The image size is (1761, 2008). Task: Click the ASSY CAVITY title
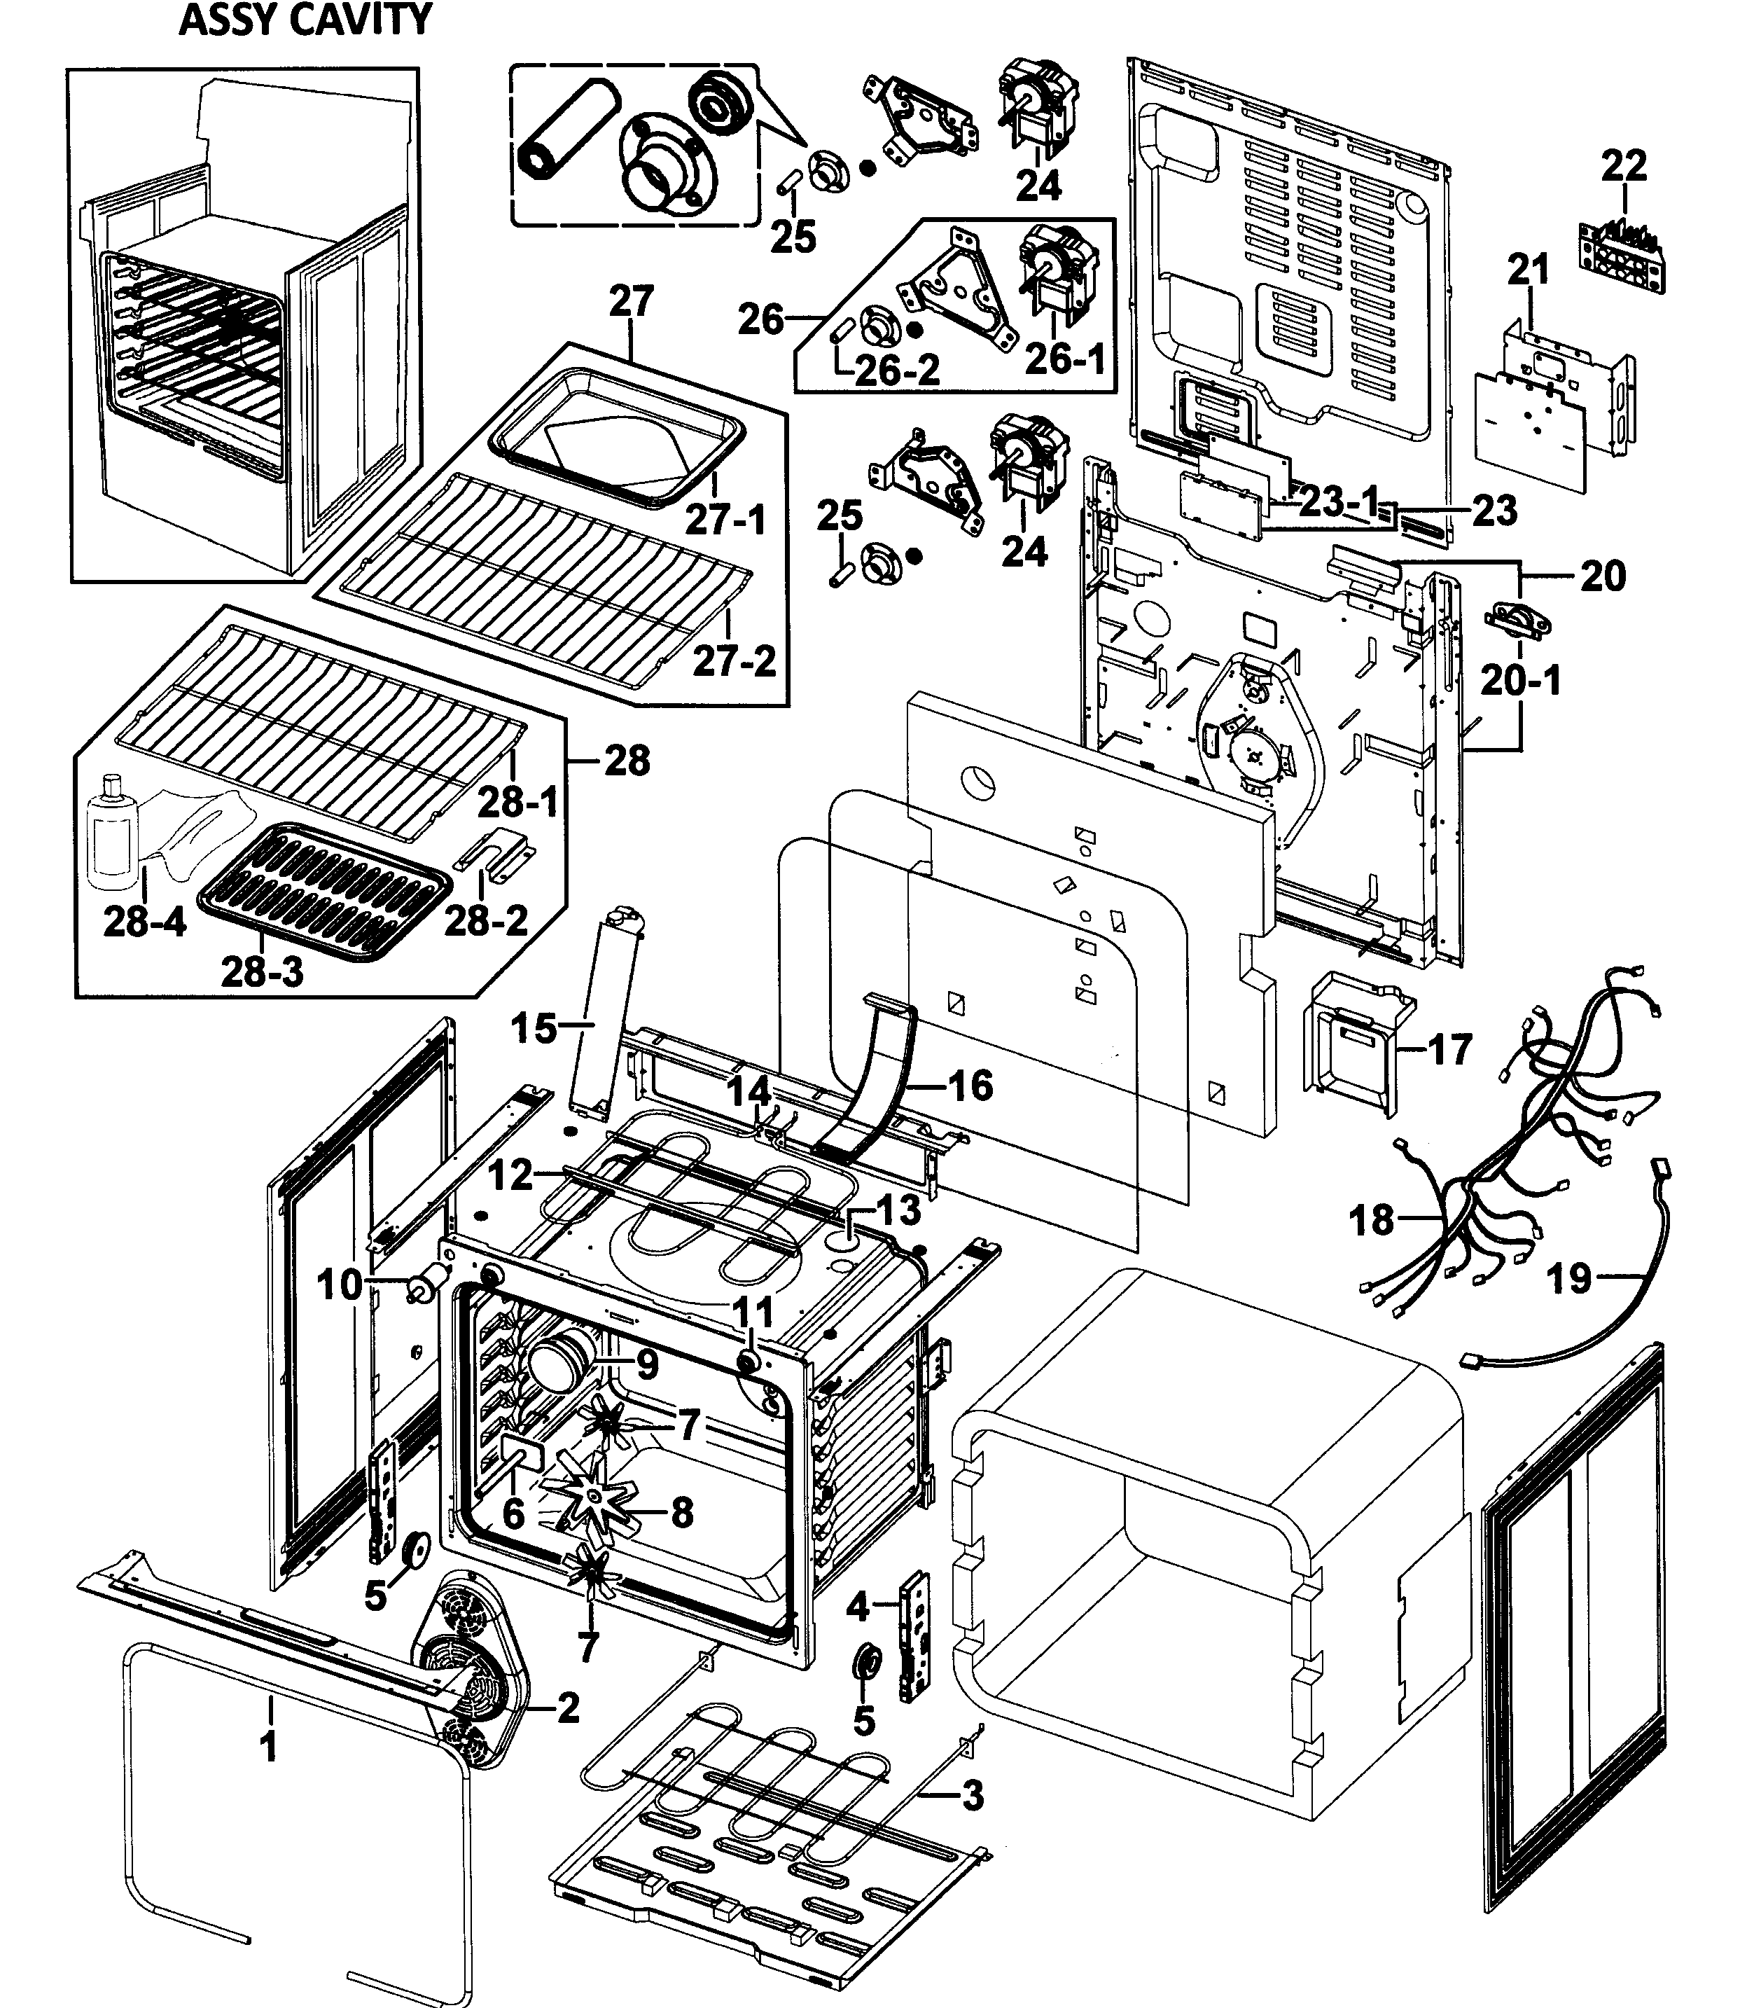(305, 20)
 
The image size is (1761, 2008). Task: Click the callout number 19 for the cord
(1568, 1278)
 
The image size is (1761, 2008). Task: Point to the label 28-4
(144, 922)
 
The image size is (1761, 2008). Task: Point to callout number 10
(340, 1284)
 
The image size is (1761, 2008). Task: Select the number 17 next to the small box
(1449, 1049)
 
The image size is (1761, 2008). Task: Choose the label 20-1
(1520, 680)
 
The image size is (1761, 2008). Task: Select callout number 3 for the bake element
(971, 1796)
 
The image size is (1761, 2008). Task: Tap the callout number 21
(1529, 268)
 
